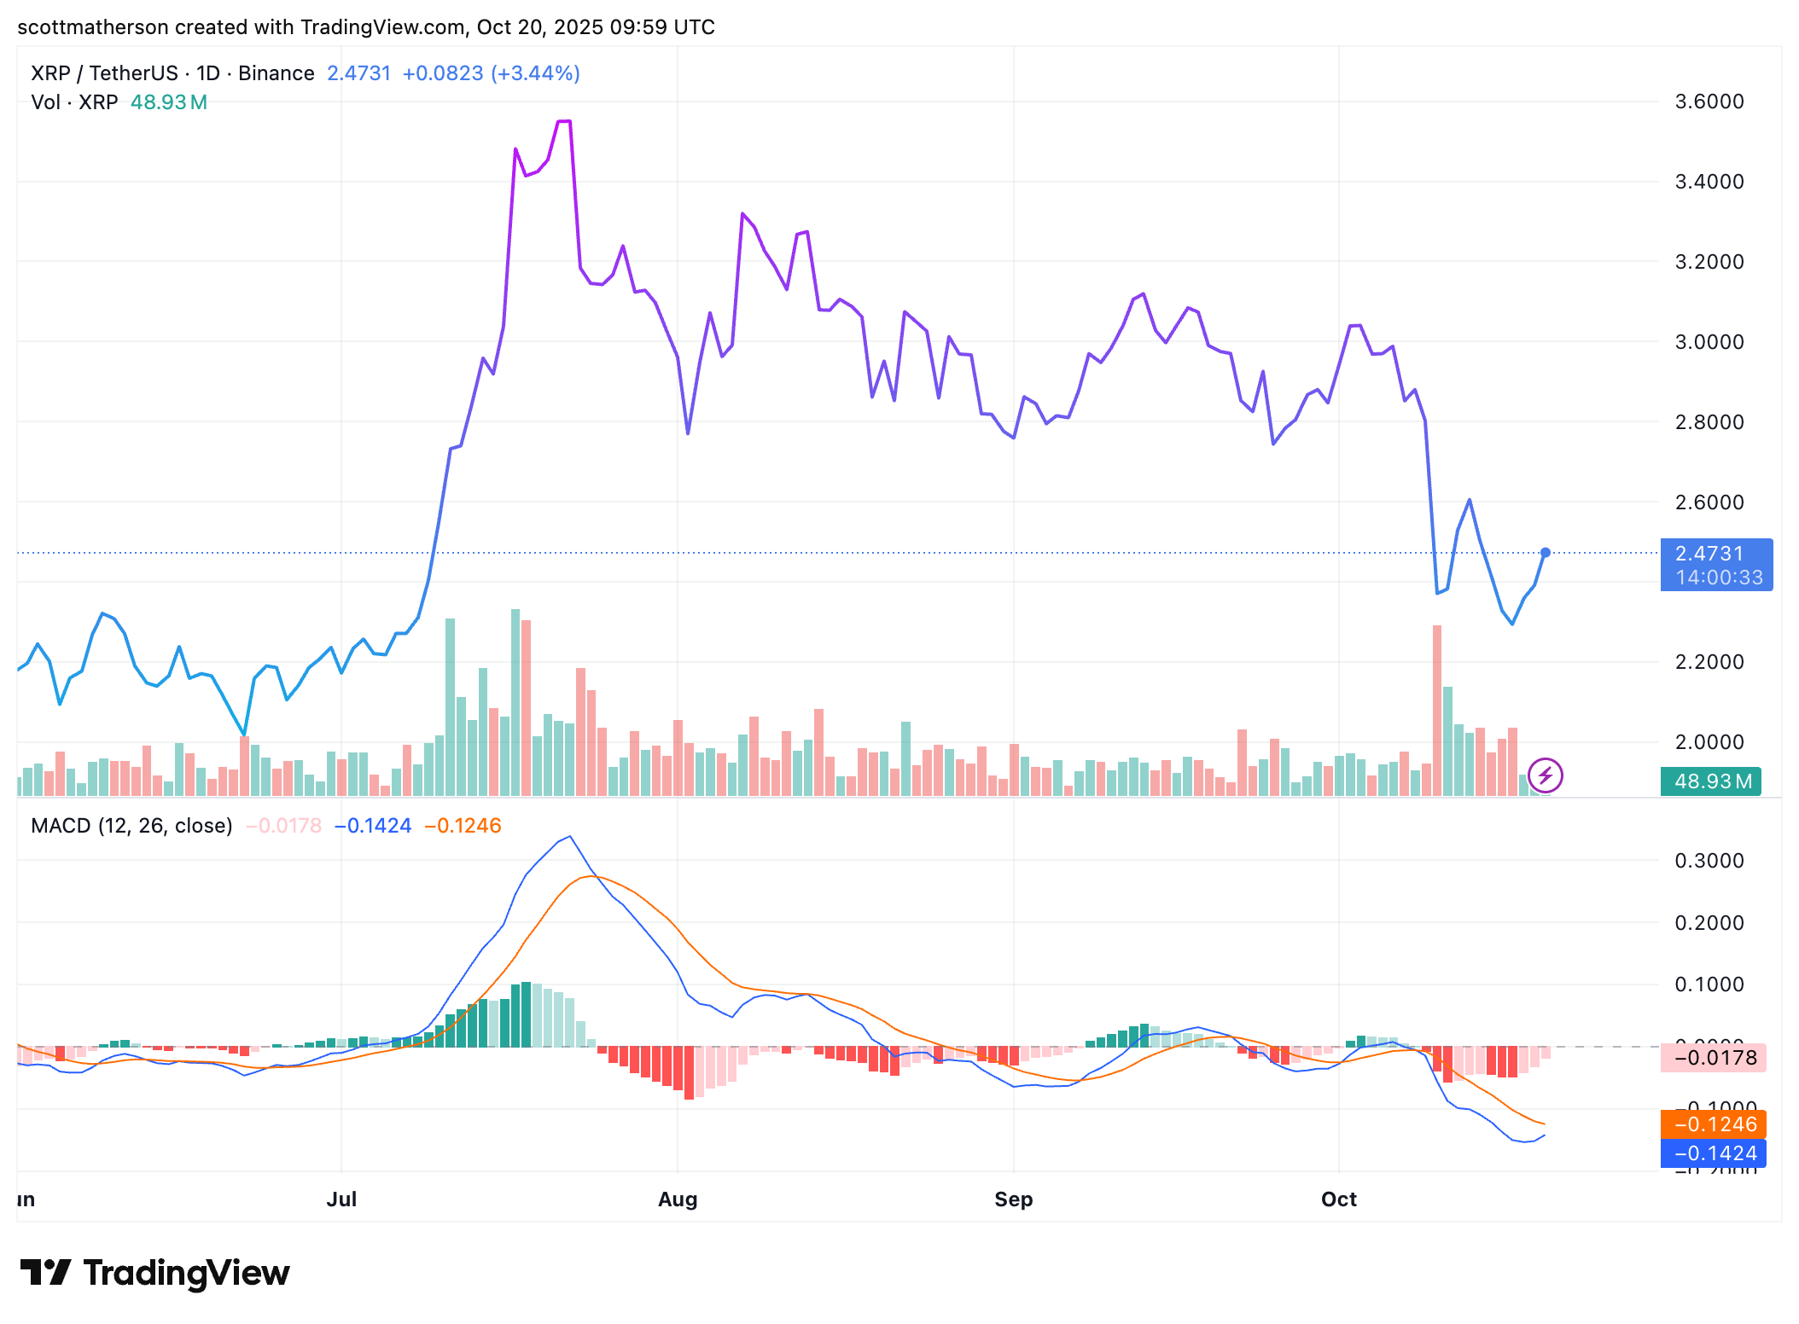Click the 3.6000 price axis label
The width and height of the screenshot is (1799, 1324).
(x=1709, y=102)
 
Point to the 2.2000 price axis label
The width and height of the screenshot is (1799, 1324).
(x=1709, y=662)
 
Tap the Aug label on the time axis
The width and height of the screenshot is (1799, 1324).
(x=678, y=1199)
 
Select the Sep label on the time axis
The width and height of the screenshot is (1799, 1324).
(x=1013, y=1199)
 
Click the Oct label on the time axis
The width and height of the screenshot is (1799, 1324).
(x=1338, y=1199)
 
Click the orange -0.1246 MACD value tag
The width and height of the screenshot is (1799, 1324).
(x=1713, y=1124)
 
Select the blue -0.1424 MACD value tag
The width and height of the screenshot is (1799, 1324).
(x=1713, y=1153)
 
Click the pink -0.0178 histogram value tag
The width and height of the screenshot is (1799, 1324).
(x=1713, y=1058)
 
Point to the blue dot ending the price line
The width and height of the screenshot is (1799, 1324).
(x=1545, y=553)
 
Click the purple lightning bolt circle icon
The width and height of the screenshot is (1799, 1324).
(x=1545, y=775)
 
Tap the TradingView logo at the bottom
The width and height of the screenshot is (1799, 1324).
(x=155, y=1273)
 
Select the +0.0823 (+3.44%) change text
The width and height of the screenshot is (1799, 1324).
(x=491, y=73)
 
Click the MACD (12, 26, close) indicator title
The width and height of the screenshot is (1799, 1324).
(x=131, y=826)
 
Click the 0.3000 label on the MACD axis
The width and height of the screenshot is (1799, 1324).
(x=1709, y=860)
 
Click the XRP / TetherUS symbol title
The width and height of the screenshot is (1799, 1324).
(x=104, y=73)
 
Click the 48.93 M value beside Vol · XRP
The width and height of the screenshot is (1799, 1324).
(x=168, y=102)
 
